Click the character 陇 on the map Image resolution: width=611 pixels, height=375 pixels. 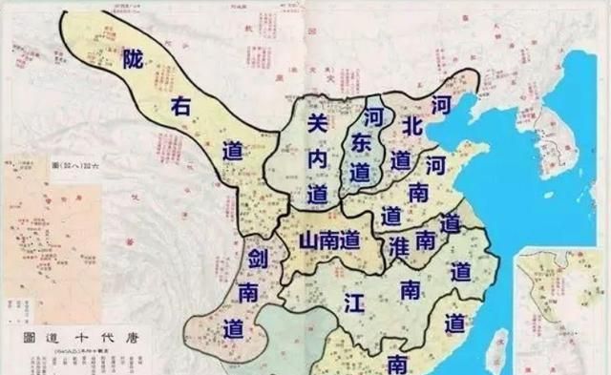[132, 56]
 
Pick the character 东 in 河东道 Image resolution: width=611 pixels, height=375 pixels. [360, 144]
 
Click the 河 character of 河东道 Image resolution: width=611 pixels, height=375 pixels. [373, 115]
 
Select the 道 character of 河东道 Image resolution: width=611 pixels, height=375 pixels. [359, 173]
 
